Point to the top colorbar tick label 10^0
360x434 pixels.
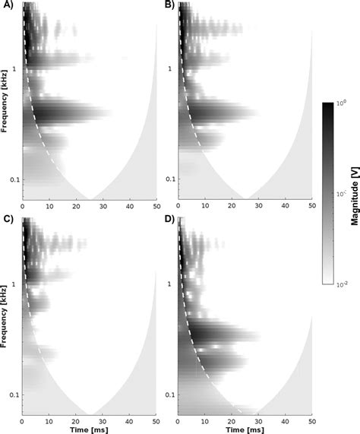[339, 103]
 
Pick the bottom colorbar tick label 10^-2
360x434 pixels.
[340, 284]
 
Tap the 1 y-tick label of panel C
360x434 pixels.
[17, 283]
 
